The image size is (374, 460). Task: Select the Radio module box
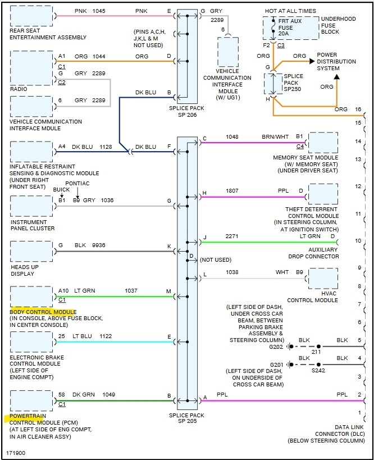pyautogui.click(x=31, y=67)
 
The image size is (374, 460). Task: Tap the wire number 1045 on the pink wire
pyautogui.click(x=99, y=11)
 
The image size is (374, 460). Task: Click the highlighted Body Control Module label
pyautogui.click(x=43, y=312)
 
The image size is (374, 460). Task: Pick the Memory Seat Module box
pyautogui.click(x=323, y=143)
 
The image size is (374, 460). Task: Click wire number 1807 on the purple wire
pyautogui.click(x=232, y=191)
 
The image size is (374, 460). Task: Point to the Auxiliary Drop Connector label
pyautogui.click(x=314, y=253)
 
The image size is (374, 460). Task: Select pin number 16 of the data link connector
pyautogui.click(x=358, y=109)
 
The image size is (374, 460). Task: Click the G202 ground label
pyautogui.click(x=277, y=347)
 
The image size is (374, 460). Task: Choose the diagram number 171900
pyautogui.click(x=16, y=453)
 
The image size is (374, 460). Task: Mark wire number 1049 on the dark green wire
pyautogui.click(x=109, y=395)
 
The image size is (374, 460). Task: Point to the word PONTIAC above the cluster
pyautogui.click(x=77, y=184)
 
